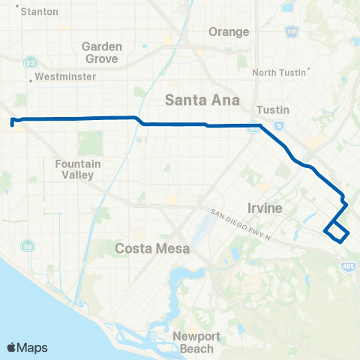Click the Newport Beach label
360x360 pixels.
(x=193, y=343)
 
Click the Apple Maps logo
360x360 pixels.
(x=27, y=347)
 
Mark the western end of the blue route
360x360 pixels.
(x=11, y=121)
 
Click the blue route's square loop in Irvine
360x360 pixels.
(x=336, y=232)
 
